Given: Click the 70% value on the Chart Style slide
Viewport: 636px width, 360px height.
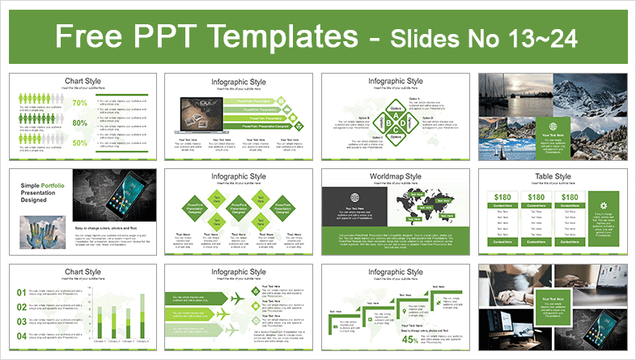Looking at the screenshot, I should point(79,103).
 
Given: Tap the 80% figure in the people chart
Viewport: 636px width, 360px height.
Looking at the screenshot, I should point(79,123).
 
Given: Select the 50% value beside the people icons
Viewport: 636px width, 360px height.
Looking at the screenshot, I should point(79,143).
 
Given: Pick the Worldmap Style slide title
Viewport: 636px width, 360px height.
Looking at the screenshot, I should point(396,176).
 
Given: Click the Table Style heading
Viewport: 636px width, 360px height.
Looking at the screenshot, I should point(552,176).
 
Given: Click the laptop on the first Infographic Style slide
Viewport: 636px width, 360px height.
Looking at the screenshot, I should point(199,114).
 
